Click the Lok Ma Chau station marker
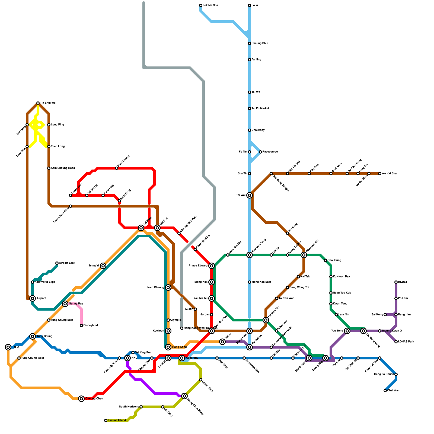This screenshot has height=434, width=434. (x=201, y=5)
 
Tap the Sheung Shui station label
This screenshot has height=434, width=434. (x=260, y=43)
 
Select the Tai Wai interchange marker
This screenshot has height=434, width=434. (x=250, y=195)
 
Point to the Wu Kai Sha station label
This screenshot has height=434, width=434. (x=389, y=174)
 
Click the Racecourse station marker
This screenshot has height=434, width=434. (x=260, y=152)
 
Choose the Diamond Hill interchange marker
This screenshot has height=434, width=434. (x=304, y=255)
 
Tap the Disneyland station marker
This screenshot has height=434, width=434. (x=81, y=325)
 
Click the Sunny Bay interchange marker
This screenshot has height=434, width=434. (x=65, y=304)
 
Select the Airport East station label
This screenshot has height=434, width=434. (x=66, y=263)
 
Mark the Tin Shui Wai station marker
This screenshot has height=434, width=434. (x=38, y=103)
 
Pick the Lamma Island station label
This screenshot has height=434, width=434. (x=117, y=420)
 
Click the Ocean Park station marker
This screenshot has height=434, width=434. (x=201, y=380)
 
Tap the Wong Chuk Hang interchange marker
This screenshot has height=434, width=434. (x=184, y=396)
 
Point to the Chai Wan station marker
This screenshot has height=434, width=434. (x=385, y=391)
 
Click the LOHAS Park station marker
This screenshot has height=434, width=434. (x=396, y=342)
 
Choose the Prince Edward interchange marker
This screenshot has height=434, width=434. (x=212, y=266)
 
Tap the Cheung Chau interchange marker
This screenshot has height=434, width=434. (x=81, y=399)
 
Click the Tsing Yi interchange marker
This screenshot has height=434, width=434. (x=103, y=266)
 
